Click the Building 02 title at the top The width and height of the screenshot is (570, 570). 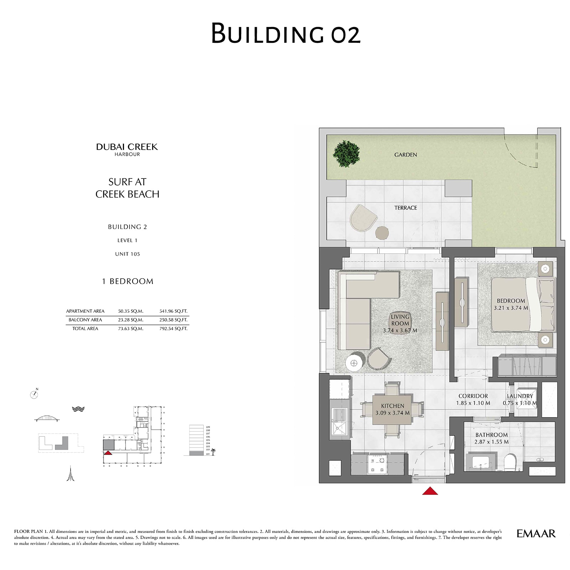[x=286, y=33]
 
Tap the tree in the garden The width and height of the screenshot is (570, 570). [x=346, y=154]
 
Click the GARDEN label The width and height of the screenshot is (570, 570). [x=405, y=155]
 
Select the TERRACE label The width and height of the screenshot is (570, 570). [x=405, y=208]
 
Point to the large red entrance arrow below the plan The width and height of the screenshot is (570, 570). [x=430, y=491]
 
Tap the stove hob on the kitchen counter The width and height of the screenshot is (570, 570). [x=377, y=464]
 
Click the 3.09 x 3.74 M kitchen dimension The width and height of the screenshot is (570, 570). [x=392, y=413]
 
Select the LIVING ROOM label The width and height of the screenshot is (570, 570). [x=400, y=320]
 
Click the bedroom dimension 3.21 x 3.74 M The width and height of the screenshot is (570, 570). [x=511, y=308]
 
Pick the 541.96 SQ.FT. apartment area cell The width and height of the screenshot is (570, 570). [x=173, y=311]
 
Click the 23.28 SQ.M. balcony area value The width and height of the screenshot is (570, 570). [x=131, y=320]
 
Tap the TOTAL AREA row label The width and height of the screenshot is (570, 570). [x=85, y=328]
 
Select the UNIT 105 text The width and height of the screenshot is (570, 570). [x=128, y=254]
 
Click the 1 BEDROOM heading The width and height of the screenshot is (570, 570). [x=128, y=281]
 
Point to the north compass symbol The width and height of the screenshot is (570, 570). [x=34, y=394]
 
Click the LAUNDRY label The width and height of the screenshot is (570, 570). [x=520, y=396]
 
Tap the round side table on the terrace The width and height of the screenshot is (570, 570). [x=382, y=233]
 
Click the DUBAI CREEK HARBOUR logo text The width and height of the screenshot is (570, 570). [x=127, y=149]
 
